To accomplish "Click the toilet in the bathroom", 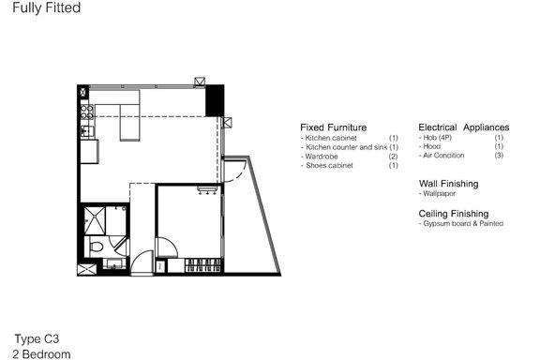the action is [96, 247].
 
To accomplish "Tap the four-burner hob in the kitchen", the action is [87, 112].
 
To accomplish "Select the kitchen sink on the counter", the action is [85, 131].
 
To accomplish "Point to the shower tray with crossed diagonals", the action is [95, 221].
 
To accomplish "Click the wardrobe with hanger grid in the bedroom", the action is [202, 265].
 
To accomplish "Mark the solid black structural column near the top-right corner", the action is [215, 100].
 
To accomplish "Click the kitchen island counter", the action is [129, 123].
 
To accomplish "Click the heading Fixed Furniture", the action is [334, 127].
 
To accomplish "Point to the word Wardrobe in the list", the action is [322, 157].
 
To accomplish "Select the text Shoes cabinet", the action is [329, 165].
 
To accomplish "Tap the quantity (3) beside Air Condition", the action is [499, 156].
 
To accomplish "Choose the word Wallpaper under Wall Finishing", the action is [439, 194].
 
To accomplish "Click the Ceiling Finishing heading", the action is [454, 214].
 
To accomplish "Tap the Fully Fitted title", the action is [47, 7].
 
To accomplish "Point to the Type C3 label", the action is [37, 339].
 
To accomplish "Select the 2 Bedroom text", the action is [41, 354].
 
